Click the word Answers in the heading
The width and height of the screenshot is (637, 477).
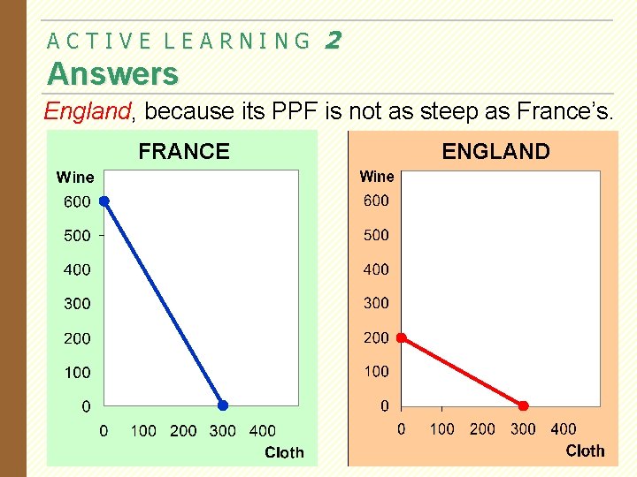[112, 73]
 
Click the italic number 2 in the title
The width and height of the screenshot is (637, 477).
[333, 40]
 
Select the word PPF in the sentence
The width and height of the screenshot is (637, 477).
[289, 111]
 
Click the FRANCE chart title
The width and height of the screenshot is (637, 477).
[184, 152]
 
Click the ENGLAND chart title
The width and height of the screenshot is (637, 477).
[495, 152]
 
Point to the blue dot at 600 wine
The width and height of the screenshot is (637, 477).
[104, 201]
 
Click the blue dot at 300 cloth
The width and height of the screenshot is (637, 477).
[223, 405]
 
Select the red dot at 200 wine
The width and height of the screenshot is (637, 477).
[401, 337]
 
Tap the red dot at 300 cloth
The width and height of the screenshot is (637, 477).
[523, 405]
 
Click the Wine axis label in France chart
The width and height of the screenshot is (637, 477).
[75, 178]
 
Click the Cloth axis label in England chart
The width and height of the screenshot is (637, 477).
[585, 450]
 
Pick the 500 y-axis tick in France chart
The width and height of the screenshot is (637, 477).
[77, 236]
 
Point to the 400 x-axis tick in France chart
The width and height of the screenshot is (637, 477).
[263, 431]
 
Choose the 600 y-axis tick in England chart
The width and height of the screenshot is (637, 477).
[376, 201]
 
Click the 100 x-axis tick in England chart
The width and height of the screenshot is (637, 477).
[441, 429]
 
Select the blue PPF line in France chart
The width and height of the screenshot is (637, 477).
[164, 304]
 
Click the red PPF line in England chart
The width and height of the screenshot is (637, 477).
[462, 372]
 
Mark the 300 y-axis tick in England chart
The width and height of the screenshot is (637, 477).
[376, 303]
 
